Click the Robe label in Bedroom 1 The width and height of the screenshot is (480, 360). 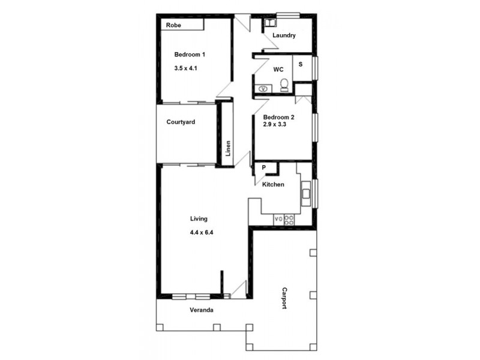[x=174, y=25]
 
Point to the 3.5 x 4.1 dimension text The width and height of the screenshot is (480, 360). [x=186, y=68]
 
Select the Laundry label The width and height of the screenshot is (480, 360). [x=284, y=35]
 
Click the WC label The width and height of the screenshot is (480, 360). [x=278, y=70]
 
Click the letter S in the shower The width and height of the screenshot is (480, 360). [x=300, y=64]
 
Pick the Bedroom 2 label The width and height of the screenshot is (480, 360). [x=278, y=117]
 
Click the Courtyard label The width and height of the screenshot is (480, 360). [x=181, y=122]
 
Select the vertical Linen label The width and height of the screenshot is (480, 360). [x=228, y=148]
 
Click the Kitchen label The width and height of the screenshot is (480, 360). [x=274, y=184]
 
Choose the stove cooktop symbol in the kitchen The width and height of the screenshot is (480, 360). [x=289, y=220]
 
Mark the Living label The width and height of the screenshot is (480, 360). [x=199, y=218]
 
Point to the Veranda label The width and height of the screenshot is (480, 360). [x=202, y=310]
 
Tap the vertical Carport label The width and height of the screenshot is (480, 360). [x=284, y=298]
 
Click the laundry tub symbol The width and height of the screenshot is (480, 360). [x=269, y=22]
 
